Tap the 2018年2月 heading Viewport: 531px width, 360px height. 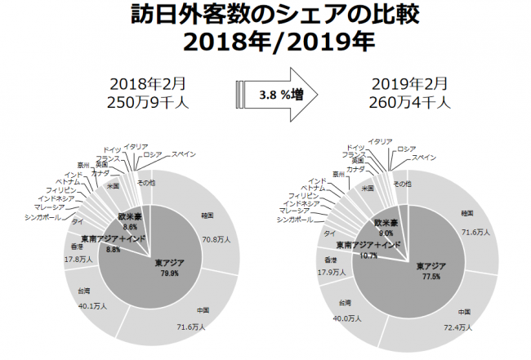[148, 84]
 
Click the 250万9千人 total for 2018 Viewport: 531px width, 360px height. [148, 102]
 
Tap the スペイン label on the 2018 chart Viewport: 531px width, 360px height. [182, 153]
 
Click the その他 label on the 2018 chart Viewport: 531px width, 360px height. [148, 181]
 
